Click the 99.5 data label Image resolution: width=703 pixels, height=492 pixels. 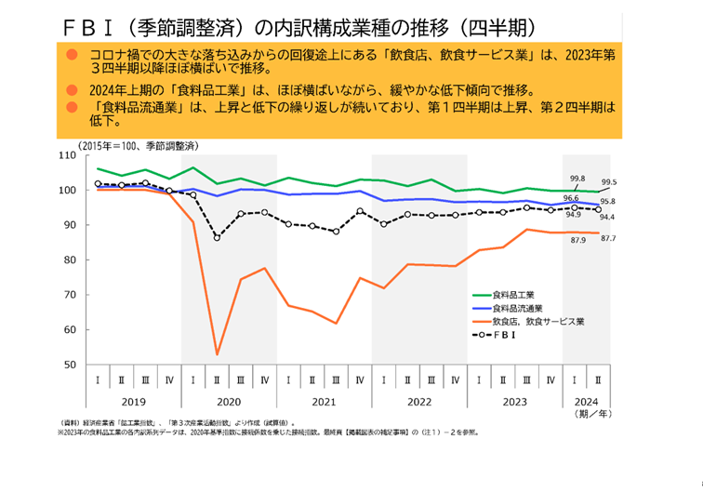[x=609, y=182]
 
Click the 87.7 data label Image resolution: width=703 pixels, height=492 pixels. [x=609, y=239]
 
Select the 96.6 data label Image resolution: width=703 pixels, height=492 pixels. [x=571, y=198]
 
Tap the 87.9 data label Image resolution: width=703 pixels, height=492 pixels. [x=577, y=241]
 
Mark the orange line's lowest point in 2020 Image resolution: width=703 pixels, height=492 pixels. [x=217, y=354]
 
